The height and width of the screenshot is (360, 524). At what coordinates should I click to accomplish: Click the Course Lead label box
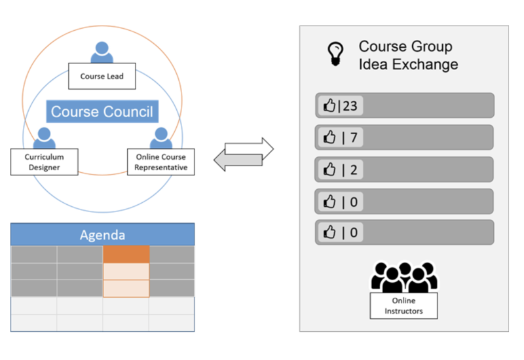click(x=101, y=77)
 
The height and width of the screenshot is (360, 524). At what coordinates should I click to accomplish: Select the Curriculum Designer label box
click(x=43, y=162)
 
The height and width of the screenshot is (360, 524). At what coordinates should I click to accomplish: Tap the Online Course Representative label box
click(x=161, y=162)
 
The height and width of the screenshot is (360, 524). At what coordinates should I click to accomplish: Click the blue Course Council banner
click(x=102, y=112)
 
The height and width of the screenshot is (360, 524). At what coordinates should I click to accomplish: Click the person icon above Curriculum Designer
click(x=43, y=137)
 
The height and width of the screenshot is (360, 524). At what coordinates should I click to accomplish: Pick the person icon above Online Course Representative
click(x=161, y=137)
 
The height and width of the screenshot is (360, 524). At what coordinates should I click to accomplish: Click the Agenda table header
click(x=102, y=234)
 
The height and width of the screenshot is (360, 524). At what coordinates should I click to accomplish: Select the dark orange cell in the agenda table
click(x=126, y=255)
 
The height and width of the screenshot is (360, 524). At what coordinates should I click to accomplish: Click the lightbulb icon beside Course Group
click(x=335, y=54)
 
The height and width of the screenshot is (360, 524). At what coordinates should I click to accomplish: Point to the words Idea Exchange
click(x=408, y=64)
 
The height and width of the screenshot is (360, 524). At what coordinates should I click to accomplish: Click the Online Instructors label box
click(x=403, y=306)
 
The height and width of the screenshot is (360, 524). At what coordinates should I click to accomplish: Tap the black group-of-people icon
click(x=403, y=277)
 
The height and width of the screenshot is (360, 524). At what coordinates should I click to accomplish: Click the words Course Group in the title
click(x=405, y=47)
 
